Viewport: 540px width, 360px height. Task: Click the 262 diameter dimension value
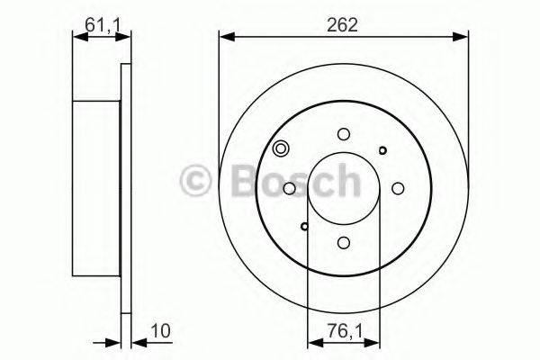point(344,25)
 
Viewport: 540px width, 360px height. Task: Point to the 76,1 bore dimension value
point(343,331)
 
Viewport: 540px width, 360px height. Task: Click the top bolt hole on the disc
point(343,134)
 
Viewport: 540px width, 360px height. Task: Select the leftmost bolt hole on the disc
point(289,188)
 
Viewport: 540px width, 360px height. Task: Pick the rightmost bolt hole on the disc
point(398,188)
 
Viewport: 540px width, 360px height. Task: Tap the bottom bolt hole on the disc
point(343,242)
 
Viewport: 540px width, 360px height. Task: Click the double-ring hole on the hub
point(281,149)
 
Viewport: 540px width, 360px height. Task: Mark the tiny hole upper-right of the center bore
point(382,150)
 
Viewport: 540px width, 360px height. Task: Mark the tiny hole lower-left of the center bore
point(304,226)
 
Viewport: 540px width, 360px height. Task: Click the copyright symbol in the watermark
point(197,180)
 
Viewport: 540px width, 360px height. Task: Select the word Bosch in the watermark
point(288,180)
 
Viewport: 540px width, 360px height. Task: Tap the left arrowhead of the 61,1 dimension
point(76,37)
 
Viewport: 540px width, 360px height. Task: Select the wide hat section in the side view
point(95,188)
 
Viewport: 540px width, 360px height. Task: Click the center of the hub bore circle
point(343,188)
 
